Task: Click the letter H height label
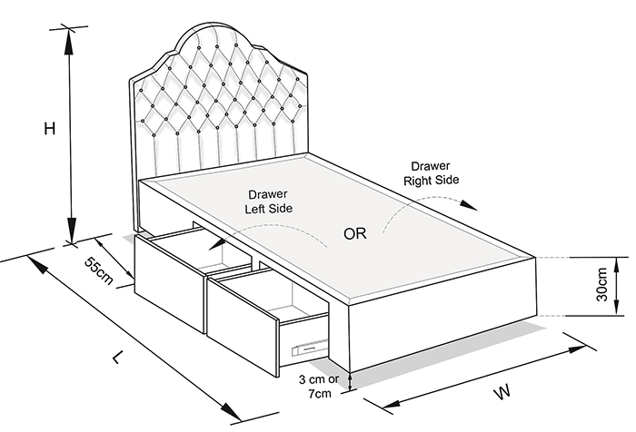click(x=49, y=129)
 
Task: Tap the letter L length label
click(x=117, y=357)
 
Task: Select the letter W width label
click(x=502, y=392)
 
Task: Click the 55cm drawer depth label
click(x=98, y=270)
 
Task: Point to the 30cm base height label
click(x=601, y=284)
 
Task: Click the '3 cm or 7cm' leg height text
click(x=318, y=387)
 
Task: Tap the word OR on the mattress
click(x=355, y=234)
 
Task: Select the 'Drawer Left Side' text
click(x=268, y=201)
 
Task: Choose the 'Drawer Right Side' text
click(x=432, y=173)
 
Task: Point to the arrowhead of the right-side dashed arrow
click(x=470, y=205)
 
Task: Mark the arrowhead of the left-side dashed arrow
click(x=218, y=243)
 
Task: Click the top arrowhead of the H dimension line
click(x=69, y=41)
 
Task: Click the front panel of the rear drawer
click(x=170, y=284)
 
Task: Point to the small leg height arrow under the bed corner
click(x=350, y=382)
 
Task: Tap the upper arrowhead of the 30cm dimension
click(x=617, y=264)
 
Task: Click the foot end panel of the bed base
click(x=443, y=315)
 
